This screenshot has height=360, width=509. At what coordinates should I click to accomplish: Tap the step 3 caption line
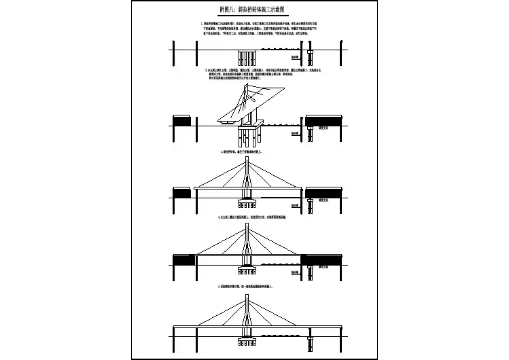(245, 151)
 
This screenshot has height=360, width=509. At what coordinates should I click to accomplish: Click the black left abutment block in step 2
(182, 122)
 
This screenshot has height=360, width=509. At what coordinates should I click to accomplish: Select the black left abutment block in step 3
(182, 194)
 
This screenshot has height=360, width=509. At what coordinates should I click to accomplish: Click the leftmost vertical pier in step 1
(175, 53)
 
